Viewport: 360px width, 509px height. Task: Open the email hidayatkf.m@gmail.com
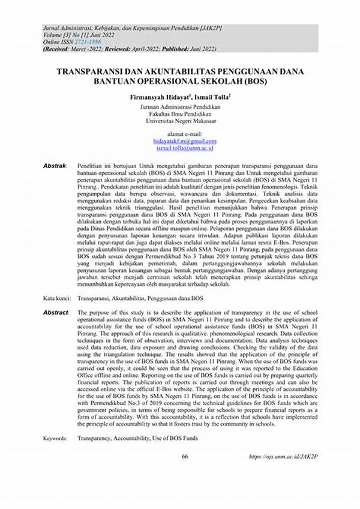180,140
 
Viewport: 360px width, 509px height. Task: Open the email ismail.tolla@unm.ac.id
180,148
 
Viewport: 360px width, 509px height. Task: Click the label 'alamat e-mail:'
180,133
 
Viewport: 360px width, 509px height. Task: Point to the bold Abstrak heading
56,164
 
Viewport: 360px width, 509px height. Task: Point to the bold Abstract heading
56,313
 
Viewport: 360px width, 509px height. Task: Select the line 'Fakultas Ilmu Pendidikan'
180,113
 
